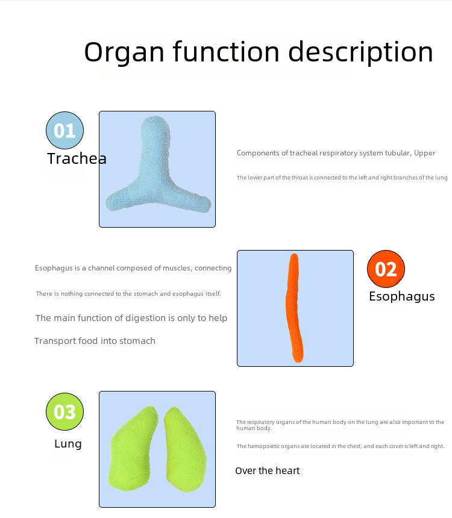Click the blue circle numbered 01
[x=64, y=130]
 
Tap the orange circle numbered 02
[x=386, y=269]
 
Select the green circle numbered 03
[x=64, y=412]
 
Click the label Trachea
[x=77, y=159]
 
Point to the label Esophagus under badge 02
[x=401, y=296]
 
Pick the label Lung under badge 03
[x=68, y=444]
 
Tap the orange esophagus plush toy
[x=293, y=308]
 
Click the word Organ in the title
[x=124, y=52]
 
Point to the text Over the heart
[x=267, y=470]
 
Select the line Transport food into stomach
[x=95, y=341]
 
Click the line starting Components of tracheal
[x=336, y=153]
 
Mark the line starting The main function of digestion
[x=131, y=318]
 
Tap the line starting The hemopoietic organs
[x=340, y=446]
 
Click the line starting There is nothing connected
[x=128, y=294]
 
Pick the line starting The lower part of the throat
[x=342, y=178]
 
